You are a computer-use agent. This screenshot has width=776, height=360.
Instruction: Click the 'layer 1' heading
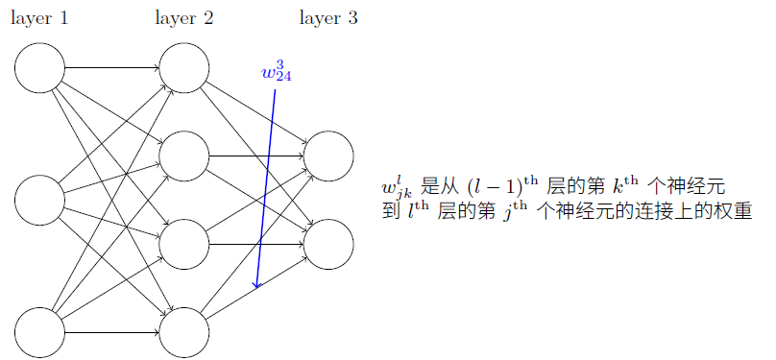pyautogui.click(x=39, y=18)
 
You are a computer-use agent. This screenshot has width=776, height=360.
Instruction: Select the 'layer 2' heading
pyautogui.click(x=183, y=18)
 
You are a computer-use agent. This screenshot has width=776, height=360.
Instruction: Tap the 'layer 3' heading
pyautogui.click(x=328, y=18)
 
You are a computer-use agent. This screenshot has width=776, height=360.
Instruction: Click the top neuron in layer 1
pyautogui.click(x=39, y=68)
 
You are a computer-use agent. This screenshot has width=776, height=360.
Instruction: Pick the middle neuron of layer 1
pyautogui.click(x=39, y=201)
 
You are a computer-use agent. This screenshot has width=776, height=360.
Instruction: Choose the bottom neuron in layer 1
pyautogui.click(x=39, y=332)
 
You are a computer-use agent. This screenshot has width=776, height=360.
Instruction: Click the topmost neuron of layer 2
pyautogui.click(x=183, y=68)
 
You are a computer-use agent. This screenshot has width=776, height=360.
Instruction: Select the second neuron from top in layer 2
pyautogui.click(x=183, y=156)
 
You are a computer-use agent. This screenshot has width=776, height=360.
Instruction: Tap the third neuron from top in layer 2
pyautogui.click(x=183, y=244)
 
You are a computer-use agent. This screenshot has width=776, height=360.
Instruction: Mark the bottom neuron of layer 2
pyautogui.click(x=183, y=332)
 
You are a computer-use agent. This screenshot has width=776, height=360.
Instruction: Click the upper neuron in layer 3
pyautogui.click(x=328, y=156)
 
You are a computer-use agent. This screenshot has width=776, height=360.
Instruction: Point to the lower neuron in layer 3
pyautogui.click(x=328, y=244)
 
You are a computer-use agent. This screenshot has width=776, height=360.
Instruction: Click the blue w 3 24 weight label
pyautogui.click(x=275, y=72)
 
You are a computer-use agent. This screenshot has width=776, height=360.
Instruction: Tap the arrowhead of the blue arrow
pyautogui.click(x=256, y=284)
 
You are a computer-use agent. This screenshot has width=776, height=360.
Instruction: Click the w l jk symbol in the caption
pyautogui.click(x=397, y=188)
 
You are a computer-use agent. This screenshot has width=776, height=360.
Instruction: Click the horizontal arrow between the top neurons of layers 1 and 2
pyautogui.click(x=111, y=68)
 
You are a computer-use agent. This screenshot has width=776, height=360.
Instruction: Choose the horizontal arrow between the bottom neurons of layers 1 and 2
pyautogui.click(x=111, y=332)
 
